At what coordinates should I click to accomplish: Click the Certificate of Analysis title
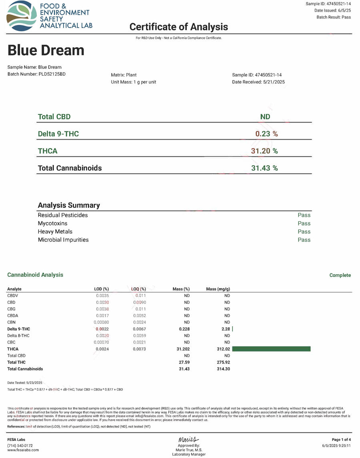pos(178,27)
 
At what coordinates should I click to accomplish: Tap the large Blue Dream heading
pos(46,50)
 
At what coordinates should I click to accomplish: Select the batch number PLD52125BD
pos(52,74)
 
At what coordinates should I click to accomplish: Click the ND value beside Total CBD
pos(265,117)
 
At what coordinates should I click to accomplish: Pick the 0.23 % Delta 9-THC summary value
pos(266,134)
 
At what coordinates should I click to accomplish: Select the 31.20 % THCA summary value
pos(264,151)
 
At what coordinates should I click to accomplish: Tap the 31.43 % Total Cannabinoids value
pos(264,168)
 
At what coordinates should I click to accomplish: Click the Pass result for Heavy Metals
pos(304,231)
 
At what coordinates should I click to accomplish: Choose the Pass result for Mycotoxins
pos(304,223)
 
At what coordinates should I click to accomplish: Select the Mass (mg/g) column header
pos(218,289)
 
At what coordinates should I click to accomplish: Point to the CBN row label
pos(11,322)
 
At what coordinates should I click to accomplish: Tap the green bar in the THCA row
pos(271,349)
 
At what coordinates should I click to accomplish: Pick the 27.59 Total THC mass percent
pos(184,362)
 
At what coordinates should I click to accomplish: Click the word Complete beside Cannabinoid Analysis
pos(340,275)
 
